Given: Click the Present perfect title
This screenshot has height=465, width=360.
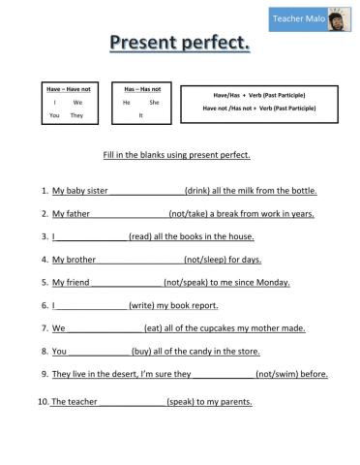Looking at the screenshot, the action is (179, 43).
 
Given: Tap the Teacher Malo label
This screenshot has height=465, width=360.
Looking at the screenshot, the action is (297, 18).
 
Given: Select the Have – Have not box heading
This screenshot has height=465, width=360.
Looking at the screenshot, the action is (65, 89).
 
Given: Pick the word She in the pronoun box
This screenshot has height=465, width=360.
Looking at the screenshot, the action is (154, 102).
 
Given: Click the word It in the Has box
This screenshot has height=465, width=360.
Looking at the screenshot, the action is (140, 115).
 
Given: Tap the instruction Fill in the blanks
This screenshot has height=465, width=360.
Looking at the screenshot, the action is (176, 155).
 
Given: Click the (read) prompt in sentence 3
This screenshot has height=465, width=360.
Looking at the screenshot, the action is (142, 236).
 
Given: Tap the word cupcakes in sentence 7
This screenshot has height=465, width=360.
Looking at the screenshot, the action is (218, 328).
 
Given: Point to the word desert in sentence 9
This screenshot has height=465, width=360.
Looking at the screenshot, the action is (114, 374).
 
